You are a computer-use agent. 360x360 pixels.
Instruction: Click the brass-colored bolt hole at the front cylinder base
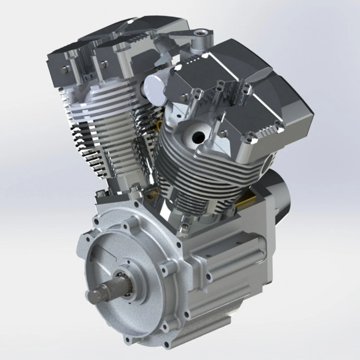click(x=150, y=197)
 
